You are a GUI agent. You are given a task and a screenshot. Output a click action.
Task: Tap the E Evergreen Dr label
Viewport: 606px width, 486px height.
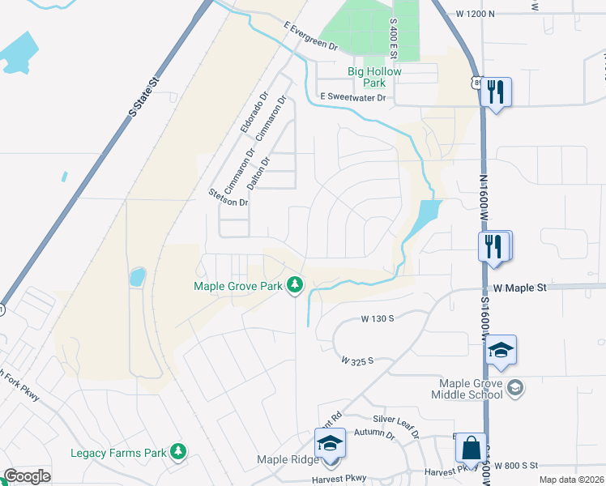point(310,37)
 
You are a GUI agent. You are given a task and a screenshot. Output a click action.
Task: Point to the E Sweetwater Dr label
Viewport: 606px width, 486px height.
point(353,97)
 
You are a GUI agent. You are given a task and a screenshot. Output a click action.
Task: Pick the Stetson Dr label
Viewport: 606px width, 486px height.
point(228,197)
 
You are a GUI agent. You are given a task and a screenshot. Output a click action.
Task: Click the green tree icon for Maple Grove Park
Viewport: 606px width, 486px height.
point(297,286)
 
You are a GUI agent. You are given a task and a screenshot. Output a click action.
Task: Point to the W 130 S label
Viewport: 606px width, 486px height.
point(378,318)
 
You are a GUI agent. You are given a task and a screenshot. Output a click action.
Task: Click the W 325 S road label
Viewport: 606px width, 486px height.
point(357,359)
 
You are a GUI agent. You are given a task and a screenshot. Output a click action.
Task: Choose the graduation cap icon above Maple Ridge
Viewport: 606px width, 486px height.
point(330,444)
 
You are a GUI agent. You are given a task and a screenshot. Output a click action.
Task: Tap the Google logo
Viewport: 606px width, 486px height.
point(27,476)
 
